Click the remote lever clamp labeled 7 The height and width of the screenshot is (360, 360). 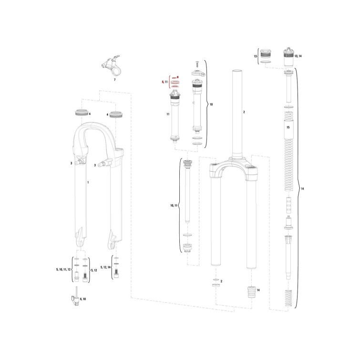pos(112,65)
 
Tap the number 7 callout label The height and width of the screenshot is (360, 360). pos(115,80)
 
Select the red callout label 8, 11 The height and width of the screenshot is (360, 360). pos(165,82)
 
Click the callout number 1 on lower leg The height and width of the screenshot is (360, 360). pos(88,183)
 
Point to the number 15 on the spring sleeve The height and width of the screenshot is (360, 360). pos(288,127)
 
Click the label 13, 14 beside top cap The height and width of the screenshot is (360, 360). pos(298,56)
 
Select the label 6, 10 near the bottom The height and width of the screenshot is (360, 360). pos(82,299)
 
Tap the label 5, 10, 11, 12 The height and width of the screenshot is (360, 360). pos(63,269)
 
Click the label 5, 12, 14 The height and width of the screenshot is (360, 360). pos(105,267)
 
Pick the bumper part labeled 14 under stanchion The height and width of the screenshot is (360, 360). pos(251,292)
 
